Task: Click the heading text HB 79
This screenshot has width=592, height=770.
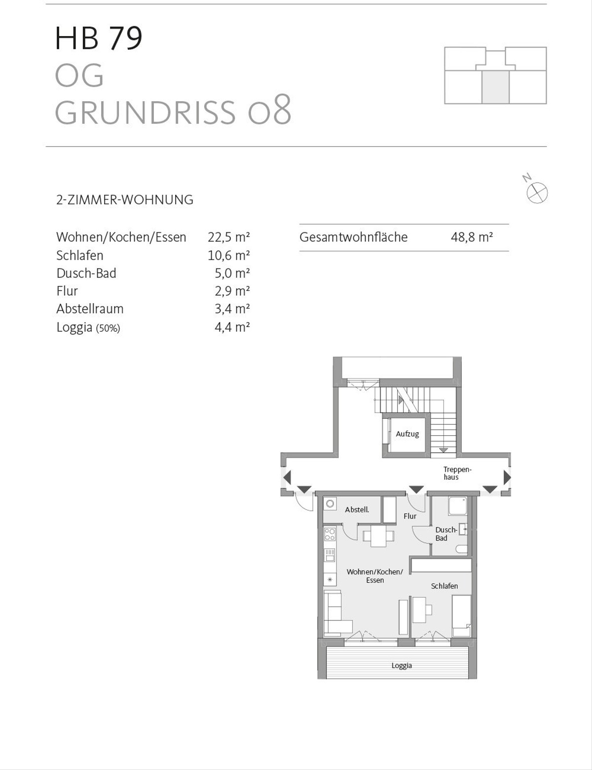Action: tap(99, 38)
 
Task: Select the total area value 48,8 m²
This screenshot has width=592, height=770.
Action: tap(472, 237)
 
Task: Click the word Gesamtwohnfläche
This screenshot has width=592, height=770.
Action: tap(353, 237)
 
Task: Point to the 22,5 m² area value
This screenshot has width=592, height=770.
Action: tap(229, 237)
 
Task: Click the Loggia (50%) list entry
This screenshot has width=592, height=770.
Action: tap(88, 327)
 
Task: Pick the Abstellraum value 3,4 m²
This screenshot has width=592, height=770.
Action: tap(232, 308)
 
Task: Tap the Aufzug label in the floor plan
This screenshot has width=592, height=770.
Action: tap(407, 434)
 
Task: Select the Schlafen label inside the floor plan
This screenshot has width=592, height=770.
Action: tap(444, 586)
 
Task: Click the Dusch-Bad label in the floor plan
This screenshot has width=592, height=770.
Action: tap(446, 534)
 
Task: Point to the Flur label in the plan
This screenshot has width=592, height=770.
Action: tap(410, 516)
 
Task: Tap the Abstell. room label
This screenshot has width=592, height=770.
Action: tap(357, 509)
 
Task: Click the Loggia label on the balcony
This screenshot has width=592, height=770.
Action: tap(402, 665)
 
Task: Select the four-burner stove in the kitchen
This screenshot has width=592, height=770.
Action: tap(330, 534)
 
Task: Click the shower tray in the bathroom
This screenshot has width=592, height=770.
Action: tap(458, 506)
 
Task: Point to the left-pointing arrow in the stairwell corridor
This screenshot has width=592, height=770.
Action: tap(287, 477)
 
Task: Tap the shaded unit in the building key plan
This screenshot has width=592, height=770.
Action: tap(495, 87)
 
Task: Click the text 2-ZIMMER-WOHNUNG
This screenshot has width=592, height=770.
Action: tap(125, 200)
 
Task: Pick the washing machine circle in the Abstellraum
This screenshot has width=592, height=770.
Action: tap(331, 503)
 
